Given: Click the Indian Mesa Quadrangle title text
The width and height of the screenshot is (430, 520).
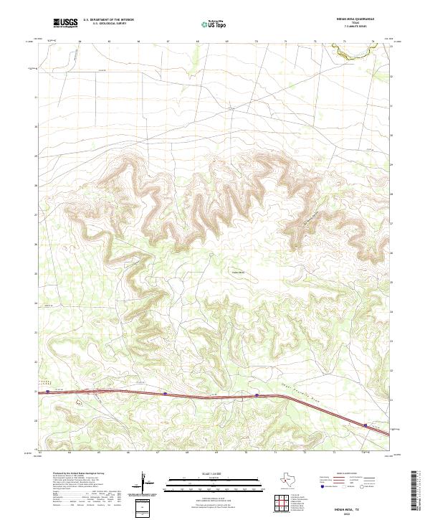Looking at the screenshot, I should pos(353,19).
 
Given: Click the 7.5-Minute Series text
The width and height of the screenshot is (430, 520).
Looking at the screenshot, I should pos(353,27).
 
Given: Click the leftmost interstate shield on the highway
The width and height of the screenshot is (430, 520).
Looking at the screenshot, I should pos(48,392).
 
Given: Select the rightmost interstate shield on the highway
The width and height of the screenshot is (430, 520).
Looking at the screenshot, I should pos(365,425).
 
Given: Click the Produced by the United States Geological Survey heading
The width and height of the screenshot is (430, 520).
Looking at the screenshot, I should pos(80,474).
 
